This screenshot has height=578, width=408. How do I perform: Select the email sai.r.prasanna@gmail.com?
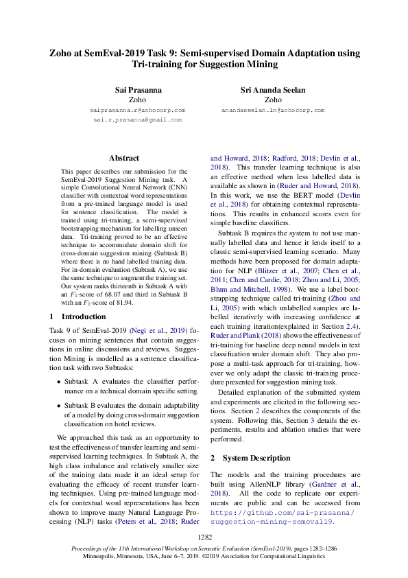139,119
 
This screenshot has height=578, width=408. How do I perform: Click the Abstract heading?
124,158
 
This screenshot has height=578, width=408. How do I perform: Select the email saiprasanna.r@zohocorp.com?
139,110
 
